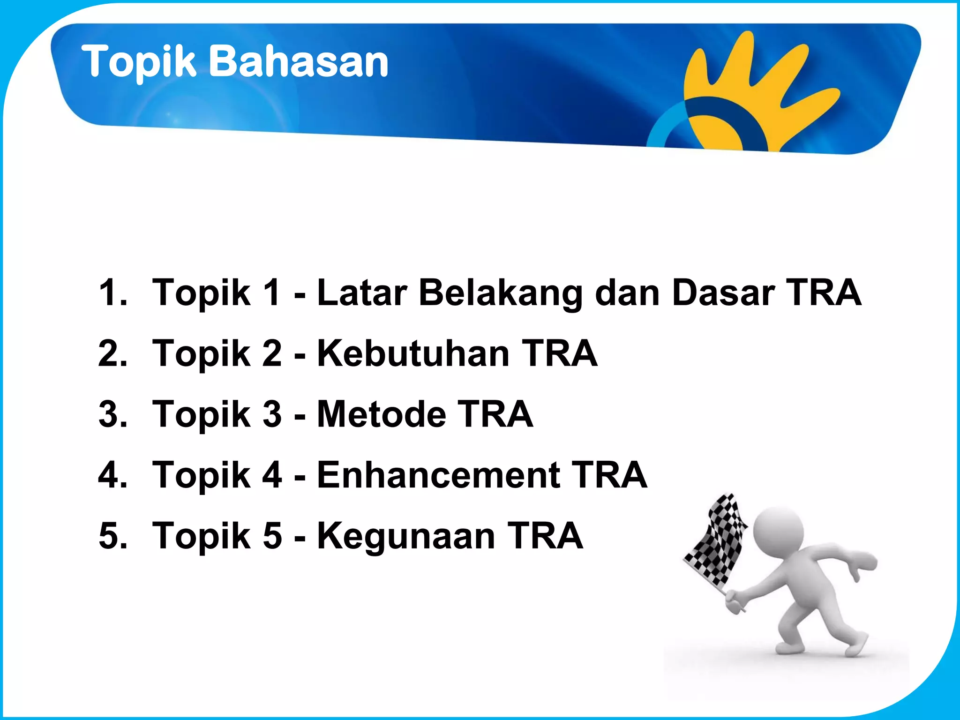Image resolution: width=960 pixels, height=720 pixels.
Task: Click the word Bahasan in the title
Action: click(x=298, y=61)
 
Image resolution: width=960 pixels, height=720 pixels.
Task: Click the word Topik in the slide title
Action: click(x=139, y=62)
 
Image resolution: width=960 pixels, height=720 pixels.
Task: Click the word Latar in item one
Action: click(x=362, y=292)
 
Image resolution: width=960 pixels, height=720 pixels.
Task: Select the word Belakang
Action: click(x=500, y=293)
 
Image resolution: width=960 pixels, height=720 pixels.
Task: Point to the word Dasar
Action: click(x=723, y=292)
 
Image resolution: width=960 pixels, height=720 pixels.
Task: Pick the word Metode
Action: click(x=381, y=414)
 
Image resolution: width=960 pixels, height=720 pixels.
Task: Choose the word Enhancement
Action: click(x=439, y=475)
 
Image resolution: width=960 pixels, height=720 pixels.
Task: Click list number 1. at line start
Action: click(x=112, y=293)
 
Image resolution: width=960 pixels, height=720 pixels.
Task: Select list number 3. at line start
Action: click(x=112, y=415)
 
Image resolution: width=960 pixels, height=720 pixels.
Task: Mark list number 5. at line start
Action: click(x=112, y=536)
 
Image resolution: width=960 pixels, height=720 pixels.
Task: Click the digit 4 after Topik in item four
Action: click(x=272, y=475)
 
